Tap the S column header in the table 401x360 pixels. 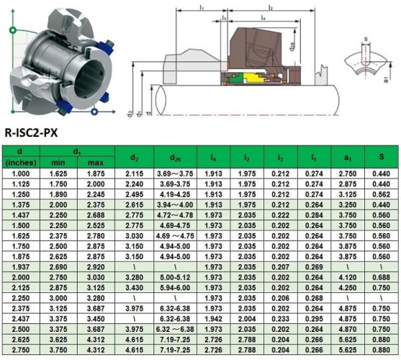pos(378,158)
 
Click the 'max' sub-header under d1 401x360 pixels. pos(96,163)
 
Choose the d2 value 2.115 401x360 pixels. pos(135,174)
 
